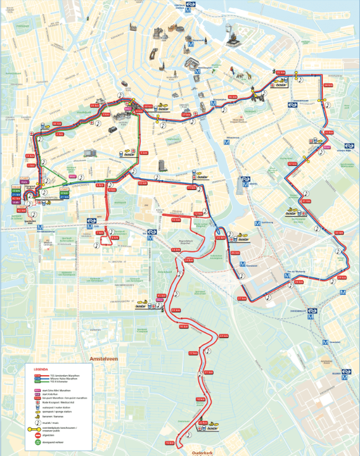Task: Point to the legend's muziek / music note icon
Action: pyautogui.click(x=37, y=420)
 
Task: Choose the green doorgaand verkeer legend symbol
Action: pyautogui.click(x=37, y=442)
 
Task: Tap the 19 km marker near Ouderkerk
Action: pyautogui.click(x=170, y=443)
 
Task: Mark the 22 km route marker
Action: pyautogui.click(x=224, y=336)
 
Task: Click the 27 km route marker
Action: pyautogui.click(x=241, y=299)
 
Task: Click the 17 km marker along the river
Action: pyautogui.click(x=193, y=353)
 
